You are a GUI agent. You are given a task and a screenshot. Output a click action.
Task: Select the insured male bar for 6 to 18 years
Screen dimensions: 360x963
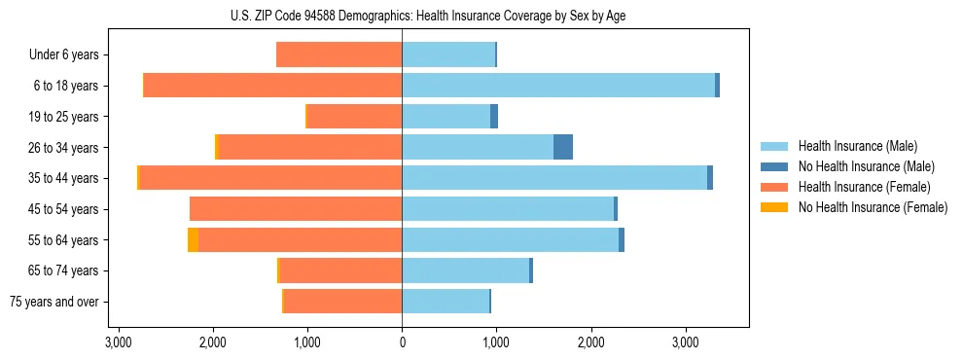[x=558, y=86]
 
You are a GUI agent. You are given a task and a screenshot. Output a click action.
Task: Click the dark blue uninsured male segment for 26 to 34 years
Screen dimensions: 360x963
[x=563, y=147]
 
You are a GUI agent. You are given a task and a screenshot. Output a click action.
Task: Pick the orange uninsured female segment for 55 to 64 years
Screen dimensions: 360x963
[x=193, y=239]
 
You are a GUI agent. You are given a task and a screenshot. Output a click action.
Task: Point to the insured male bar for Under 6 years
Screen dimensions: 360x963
[x=448, y=54]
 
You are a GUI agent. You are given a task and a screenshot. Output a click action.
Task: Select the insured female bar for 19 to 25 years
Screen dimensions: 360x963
[x=354, y=117]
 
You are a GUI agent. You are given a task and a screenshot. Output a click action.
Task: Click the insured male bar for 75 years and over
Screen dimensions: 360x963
[x=446, y=302]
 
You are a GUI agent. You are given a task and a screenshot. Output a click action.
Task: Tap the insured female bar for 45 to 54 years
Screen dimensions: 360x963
[x=296, y=209]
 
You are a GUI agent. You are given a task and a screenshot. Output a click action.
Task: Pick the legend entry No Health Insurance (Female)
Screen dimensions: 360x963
[x=873, y=207]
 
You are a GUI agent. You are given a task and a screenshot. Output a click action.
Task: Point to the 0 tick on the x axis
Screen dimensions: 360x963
[x=402, y=343]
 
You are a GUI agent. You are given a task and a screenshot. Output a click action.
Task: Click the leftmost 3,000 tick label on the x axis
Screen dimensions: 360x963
[x=118, y=343]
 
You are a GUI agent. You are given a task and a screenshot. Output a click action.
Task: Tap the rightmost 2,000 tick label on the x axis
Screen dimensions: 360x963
[x=591, y=343]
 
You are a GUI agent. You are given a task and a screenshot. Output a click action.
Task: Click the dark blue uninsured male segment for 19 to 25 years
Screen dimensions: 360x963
[x=494, y=117]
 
